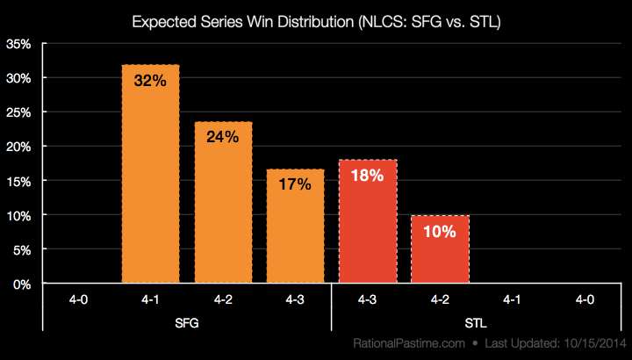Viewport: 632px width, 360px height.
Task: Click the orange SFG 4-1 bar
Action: point(150,176)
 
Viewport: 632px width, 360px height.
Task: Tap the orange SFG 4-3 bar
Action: point(295,227)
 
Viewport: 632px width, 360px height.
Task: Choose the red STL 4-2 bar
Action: point(439,250)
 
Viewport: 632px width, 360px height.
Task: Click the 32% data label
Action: point(150,80)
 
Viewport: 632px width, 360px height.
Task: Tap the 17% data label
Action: point(295,184)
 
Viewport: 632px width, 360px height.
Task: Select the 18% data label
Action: point(367,175)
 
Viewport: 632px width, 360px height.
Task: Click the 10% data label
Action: point(439,232)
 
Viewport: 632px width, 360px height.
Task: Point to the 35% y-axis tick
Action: point(18,44)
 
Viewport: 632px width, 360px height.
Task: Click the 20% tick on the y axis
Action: point(18,147)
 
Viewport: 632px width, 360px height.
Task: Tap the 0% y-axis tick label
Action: point(22,284)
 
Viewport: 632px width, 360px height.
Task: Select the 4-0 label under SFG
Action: point(78,299)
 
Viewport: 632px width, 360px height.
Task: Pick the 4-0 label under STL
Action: point(584,299)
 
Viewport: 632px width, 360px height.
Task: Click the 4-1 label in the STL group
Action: point(512,299)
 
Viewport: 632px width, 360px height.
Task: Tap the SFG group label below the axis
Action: point(187,322)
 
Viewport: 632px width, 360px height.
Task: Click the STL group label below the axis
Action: point(475,322)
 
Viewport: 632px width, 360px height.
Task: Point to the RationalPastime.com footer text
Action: point(399,343)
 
